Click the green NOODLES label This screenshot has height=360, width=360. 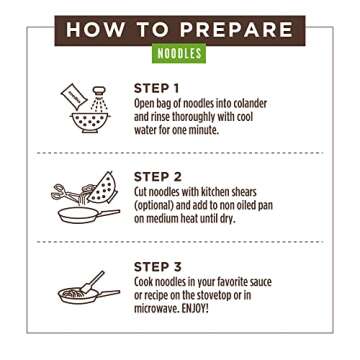pos(180,50)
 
